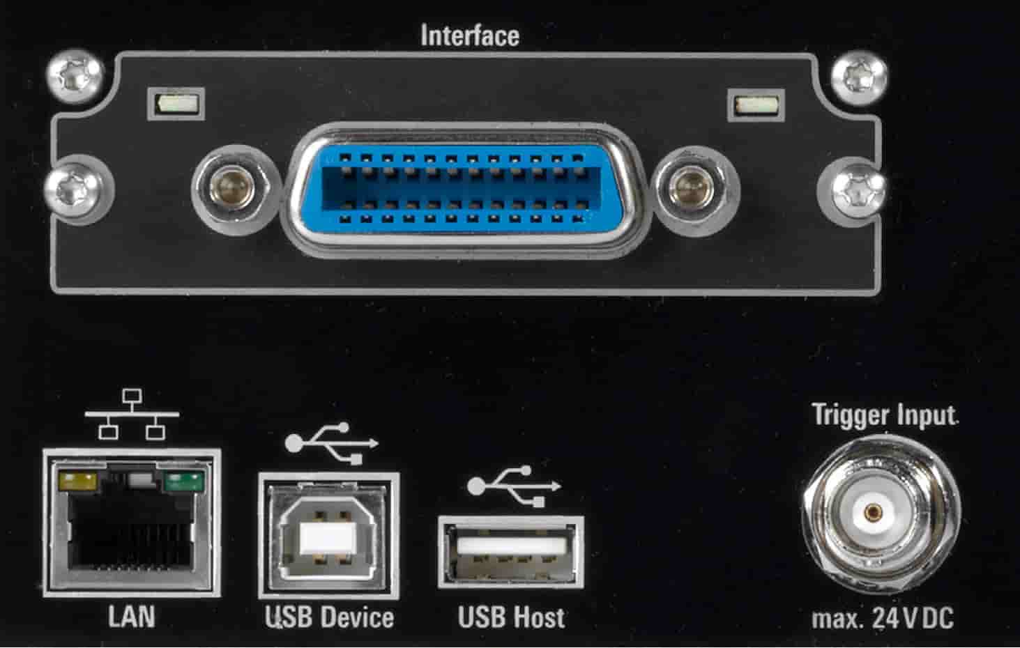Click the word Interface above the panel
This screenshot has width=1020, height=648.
pyautogui.click(x=469, y=36)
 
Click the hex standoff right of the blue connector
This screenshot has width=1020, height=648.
pyautogui.click(x=695, y=190)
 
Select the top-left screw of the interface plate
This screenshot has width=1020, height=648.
pyautogui.click(x=75, y=75)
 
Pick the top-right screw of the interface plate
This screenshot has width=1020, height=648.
pyautogui.click(x=859, y=77)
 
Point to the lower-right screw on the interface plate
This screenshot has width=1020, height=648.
pyautogui.click(x=859, y=191)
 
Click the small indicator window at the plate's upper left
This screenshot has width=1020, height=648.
pyautogui.click(x=176, y=105)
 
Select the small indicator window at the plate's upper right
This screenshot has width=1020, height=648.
pyautogui.click(x=756, y=106)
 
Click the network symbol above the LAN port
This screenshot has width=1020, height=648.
pyautogui.click(x=132, y=414)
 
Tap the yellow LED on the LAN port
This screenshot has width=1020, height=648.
pyautogui.click(x=78, y=481)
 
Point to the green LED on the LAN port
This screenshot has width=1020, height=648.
pyautogui.click(x=183, y=482)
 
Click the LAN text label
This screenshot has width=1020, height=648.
pyautogui.click(x=132, y=617)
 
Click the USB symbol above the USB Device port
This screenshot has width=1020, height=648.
pyautogui.click(x=331, y=443)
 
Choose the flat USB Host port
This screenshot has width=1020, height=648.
pyautogui.click(x=511, y=552)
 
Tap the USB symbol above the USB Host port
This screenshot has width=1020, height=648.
pyautogui.click(x=514, y=486)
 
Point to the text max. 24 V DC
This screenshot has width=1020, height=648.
pyautogui.click(x=883, y=618)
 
